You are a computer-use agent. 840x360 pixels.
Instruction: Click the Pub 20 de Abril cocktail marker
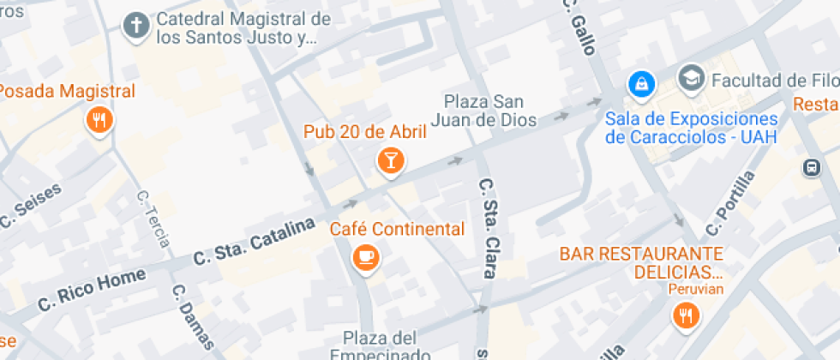click(391, 159)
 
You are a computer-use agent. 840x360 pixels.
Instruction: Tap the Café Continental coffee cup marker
click(366, 256)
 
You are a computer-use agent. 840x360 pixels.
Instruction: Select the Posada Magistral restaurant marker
click(100, 120)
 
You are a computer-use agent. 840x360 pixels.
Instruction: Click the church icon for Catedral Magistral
click(135, 26)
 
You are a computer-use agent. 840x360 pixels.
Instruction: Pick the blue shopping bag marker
click(640, 83)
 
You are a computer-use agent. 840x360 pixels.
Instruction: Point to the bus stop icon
click(811, 167)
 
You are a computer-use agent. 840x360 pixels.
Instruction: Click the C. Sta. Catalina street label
click(249, 240)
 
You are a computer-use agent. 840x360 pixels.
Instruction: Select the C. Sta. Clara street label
click(487, 227)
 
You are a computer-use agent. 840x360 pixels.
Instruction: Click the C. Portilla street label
click(730, 202)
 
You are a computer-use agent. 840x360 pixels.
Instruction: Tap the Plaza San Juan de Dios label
click(489, 109)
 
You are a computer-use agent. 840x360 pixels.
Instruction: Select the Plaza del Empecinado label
click(380, 345)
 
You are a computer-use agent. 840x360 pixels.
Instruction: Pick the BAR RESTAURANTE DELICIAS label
click(641, 263)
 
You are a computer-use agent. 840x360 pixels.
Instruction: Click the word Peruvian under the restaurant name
click(696, 289)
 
